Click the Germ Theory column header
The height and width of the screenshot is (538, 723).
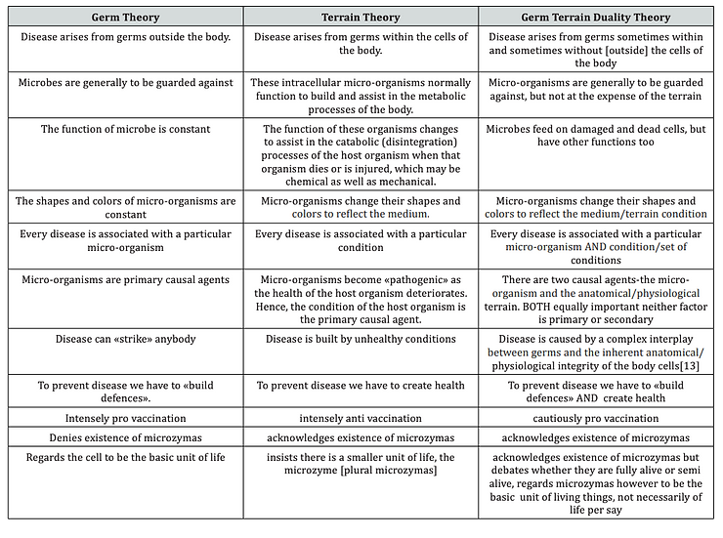point(125,18)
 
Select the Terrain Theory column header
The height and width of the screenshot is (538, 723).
point(361,18)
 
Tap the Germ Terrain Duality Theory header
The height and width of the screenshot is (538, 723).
point(595,18)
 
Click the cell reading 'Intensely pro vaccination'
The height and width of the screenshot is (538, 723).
point(125,418)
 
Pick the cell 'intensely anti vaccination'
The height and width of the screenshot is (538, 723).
point(361,418)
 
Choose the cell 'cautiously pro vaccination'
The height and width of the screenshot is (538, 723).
point(595,418)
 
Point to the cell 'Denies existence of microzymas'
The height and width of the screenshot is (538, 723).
point(125,437)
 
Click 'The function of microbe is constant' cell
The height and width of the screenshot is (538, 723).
point(125,129)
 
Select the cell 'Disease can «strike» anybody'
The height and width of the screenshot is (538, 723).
point(125,339)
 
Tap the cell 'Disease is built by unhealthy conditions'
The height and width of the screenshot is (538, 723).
point(361,339)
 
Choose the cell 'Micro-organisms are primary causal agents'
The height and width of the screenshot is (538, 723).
point(125,280)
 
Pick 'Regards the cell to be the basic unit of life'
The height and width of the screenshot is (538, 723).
point(125,457)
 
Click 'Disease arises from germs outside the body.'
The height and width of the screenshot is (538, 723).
point(125,37)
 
